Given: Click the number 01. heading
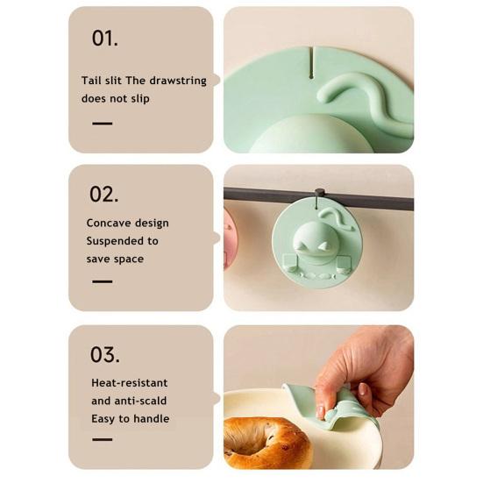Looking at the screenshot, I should point(104,38).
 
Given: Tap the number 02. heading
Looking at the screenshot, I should point(104,194).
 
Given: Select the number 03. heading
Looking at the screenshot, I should point(104,355).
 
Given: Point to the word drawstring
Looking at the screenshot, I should point(178,81).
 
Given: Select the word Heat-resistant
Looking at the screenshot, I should point(129,383).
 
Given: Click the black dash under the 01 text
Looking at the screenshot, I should point(103,124).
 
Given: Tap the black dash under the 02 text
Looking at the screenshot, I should point(103,281).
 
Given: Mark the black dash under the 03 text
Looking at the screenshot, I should point(103,439).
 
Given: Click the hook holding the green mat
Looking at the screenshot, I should point(320,194).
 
